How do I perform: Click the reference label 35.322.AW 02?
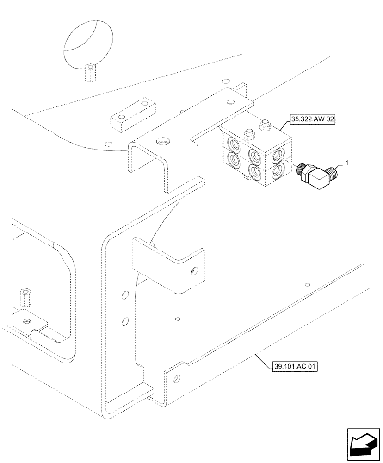tap(313, 119)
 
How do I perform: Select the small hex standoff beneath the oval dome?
tap(91, 74)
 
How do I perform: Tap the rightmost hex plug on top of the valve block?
tap(266, 125)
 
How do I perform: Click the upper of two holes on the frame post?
tap(124, 294)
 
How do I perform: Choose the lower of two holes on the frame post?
tap(124, 320)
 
